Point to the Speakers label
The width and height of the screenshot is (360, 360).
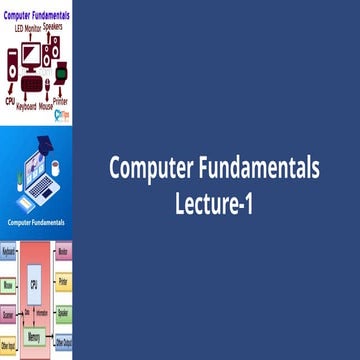(58, 28)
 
